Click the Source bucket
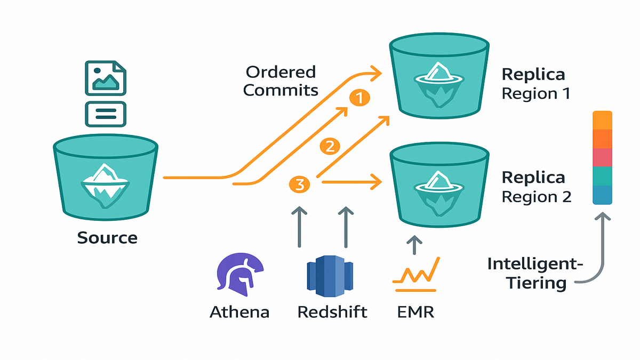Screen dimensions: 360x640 (105, 175)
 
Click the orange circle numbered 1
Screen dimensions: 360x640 (359, 98)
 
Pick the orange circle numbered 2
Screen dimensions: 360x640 (329, 146)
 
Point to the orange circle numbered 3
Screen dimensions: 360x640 (299, 185)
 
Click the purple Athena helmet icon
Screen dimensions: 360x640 (238, 276)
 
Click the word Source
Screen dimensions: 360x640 (107, 238)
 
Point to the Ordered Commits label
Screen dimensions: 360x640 (280, 81)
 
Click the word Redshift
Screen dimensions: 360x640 (332, 311)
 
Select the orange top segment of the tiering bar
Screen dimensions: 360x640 (602, 121)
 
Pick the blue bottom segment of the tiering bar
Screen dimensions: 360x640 (602, 195)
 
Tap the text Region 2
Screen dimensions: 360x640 (537, 197)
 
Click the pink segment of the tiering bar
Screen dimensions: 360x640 (602, 158)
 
